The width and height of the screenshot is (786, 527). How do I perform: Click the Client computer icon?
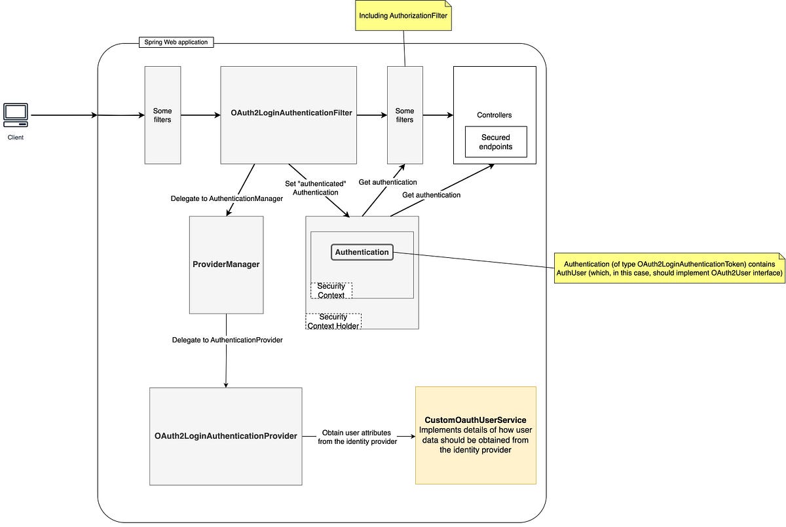[16, 115]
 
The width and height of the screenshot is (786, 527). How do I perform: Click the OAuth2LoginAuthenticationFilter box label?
[291, 113]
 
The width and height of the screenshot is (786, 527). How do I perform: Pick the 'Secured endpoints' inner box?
[495, 142]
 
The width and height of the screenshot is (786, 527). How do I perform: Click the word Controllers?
[495, 115]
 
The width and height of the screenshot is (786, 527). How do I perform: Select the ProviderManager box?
[226, 264]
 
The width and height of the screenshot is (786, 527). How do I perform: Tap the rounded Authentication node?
[362, 252]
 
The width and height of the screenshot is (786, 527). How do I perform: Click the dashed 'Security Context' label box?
[331, 291]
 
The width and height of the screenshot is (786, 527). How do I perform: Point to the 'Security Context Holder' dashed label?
[333, 321]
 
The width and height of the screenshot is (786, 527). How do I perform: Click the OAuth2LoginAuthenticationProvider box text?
[225, 436]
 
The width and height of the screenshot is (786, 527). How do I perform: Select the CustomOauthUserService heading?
[475, 420]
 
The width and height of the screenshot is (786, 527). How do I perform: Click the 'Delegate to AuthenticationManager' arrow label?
[227, 198]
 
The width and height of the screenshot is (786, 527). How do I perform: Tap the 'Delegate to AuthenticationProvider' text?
[227, 340]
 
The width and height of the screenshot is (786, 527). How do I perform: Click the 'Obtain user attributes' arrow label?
[357, 437]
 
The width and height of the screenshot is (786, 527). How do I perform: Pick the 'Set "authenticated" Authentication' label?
[315, 188]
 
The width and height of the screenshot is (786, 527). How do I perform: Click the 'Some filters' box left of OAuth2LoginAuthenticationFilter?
[162, 115]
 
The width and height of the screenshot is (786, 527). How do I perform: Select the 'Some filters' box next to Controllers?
[404, 115]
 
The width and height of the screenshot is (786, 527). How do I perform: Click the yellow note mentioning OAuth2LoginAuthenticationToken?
[669, 268]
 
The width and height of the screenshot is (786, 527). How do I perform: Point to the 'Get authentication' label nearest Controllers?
[430, 195]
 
